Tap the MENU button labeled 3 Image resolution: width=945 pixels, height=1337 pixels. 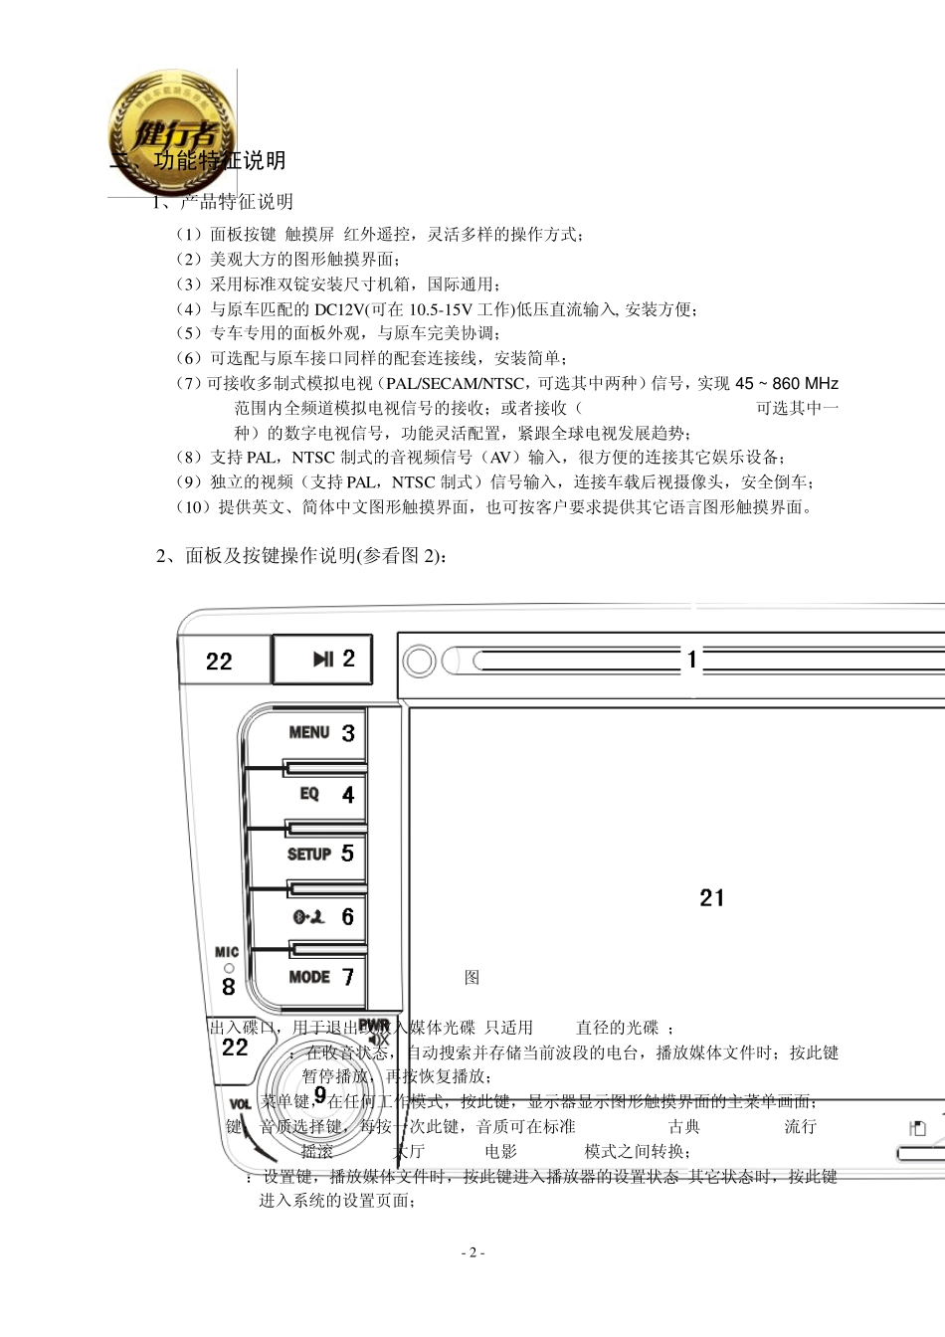(318, 733)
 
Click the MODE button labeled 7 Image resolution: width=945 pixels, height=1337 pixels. (318, 977)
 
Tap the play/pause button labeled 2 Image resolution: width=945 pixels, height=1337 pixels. (322, 659)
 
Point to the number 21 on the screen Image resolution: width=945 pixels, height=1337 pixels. (712, 898)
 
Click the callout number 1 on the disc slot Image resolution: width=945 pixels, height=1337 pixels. (692, 659)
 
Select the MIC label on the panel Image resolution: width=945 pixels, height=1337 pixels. (227, 952)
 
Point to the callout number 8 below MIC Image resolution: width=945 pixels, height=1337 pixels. (229, 986)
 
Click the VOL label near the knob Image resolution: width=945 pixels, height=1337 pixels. (241, 1104)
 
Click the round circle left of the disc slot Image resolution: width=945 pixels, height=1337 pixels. (420, 661)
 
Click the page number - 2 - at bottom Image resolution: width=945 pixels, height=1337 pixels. (473, 1252)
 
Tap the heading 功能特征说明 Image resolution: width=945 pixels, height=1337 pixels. (220, 160)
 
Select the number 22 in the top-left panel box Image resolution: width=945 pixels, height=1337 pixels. (219, 662)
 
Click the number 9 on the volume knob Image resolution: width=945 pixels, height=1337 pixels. (319, 1094)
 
